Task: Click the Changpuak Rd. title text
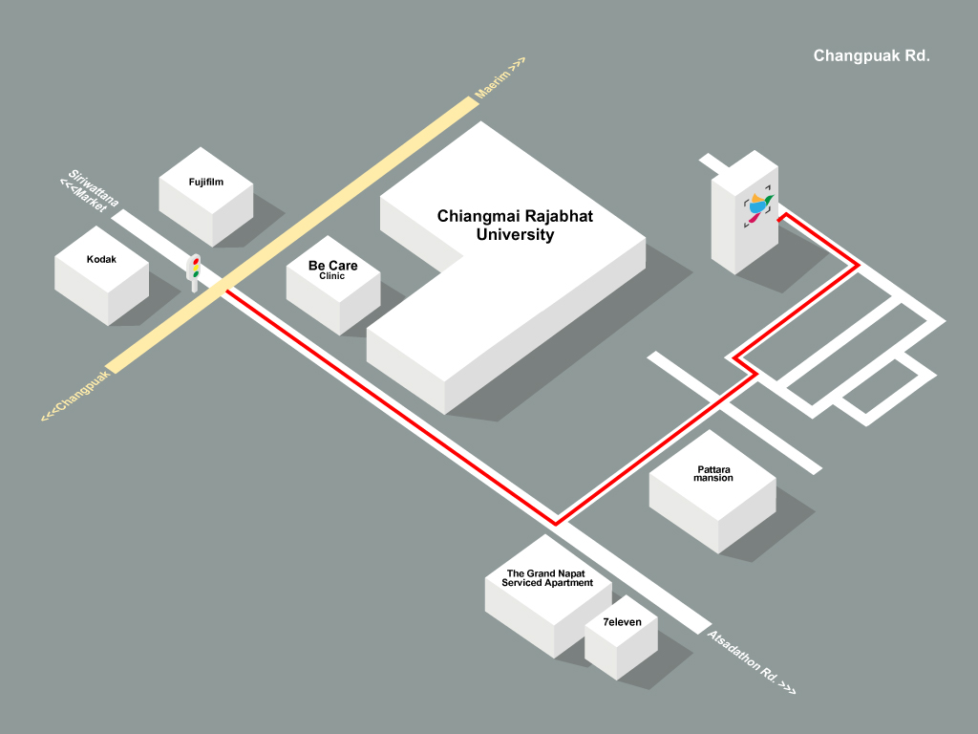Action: [871, 56]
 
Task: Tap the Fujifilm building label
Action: [206, 182]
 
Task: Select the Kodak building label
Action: [101, 259]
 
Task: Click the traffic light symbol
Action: [195, 270]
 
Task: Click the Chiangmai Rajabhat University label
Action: [515, 225]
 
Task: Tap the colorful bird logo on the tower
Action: [759, 206]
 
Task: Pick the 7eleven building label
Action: [622, 622]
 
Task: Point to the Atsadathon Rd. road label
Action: [751, 661]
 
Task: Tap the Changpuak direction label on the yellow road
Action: [75, 394]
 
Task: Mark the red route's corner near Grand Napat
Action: [556, 523]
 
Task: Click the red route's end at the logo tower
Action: [781, 219]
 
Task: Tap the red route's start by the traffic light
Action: [227, 291]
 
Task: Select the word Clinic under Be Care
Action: [332, 276]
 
